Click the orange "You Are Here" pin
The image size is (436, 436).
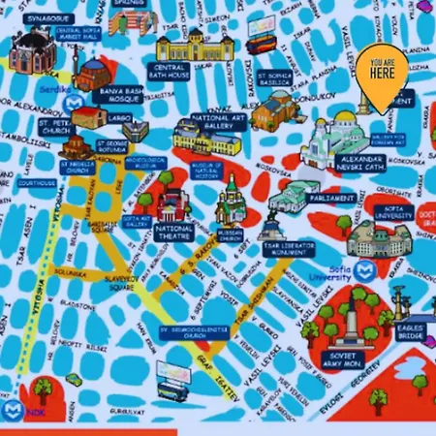[380, 77]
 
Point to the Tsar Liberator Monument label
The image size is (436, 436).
[289, 250]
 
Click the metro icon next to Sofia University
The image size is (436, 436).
[365, 268]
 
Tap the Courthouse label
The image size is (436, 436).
[37, 183]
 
